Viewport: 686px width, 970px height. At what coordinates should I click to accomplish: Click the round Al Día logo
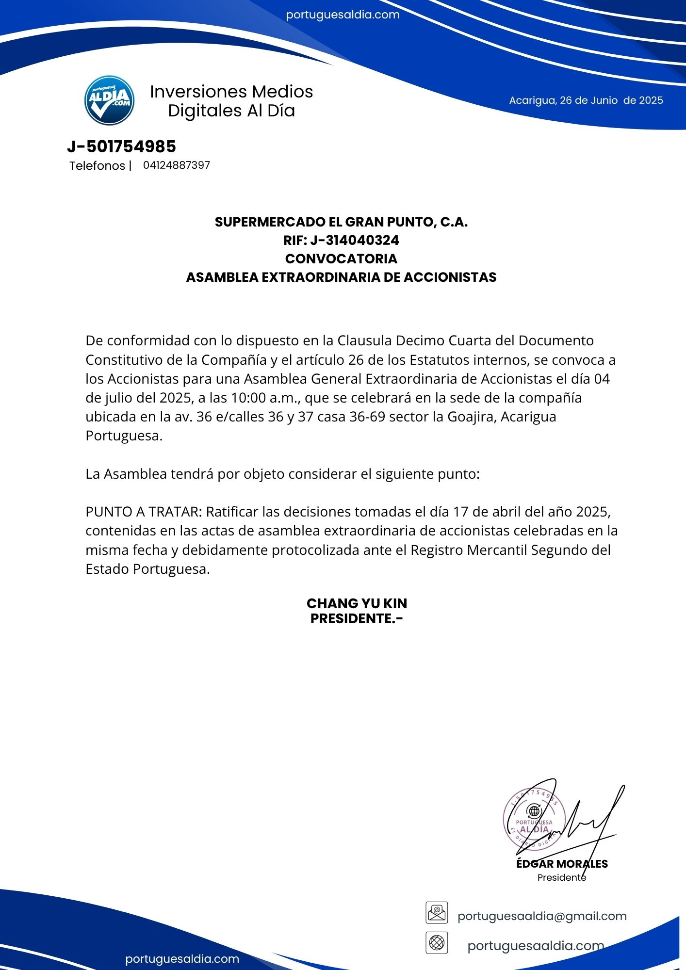[109, 100]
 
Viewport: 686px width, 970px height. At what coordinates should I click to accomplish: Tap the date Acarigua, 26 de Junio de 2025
[586, 100]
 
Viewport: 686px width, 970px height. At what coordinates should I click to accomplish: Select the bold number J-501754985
[121, 146]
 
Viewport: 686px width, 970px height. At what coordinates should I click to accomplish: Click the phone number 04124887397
[177, 165]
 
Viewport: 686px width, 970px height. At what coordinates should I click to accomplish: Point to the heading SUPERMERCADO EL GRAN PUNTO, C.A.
[341, 222]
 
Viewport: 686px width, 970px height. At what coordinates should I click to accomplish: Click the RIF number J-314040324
[355, 240]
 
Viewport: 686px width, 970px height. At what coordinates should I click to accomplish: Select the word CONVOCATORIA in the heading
[341, 259]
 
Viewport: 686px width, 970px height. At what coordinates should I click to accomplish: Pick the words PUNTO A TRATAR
[143, 512]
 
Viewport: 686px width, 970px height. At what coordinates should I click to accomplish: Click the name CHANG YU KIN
[357, 603]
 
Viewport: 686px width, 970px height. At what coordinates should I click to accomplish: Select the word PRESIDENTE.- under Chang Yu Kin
[357, 619]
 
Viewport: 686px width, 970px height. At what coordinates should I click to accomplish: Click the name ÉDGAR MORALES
[562, 864]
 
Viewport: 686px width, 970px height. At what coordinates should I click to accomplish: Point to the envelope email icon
[437, 913]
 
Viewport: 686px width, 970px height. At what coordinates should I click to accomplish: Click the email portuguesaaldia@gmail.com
[542, 916]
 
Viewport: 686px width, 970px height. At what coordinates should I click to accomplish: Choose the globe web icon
[437, 943]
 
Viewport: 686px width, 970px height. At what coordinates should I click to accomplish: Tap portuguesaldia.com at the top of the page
[343, 15]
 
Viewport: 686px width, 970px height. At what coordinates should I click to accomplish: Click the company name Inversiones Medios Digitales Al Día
[231, 101]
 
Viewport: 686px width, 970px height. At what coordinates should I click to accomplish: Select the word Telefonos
[97, 166]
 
